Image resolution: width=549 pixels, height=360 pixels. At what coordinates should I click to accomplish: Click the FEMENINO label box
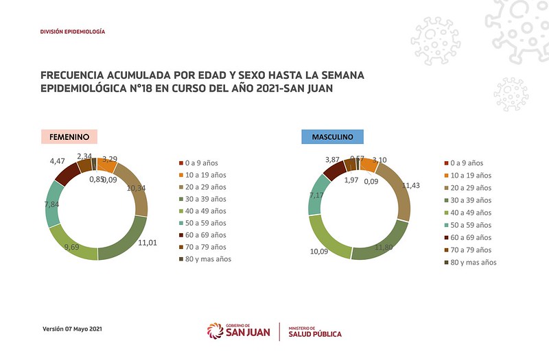pyautogui.click(x=69, y=136)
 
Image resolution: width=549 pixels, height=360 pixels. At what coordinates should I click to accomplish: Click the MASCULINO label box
pyautogui.click(x=333, y=137)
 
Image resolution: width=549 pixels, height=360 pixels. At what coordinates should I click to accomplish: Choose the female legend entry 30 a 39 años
pyautogui.click(x=204, y=199)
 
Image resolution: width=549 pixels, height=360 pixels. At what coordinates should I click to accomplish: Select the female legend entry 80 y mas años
pyautogui.click(x=207, y=259)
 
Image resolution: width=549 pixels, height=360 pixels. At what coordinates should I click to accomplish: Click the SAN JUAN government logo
pyautogui.click(x=238, y=331)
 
